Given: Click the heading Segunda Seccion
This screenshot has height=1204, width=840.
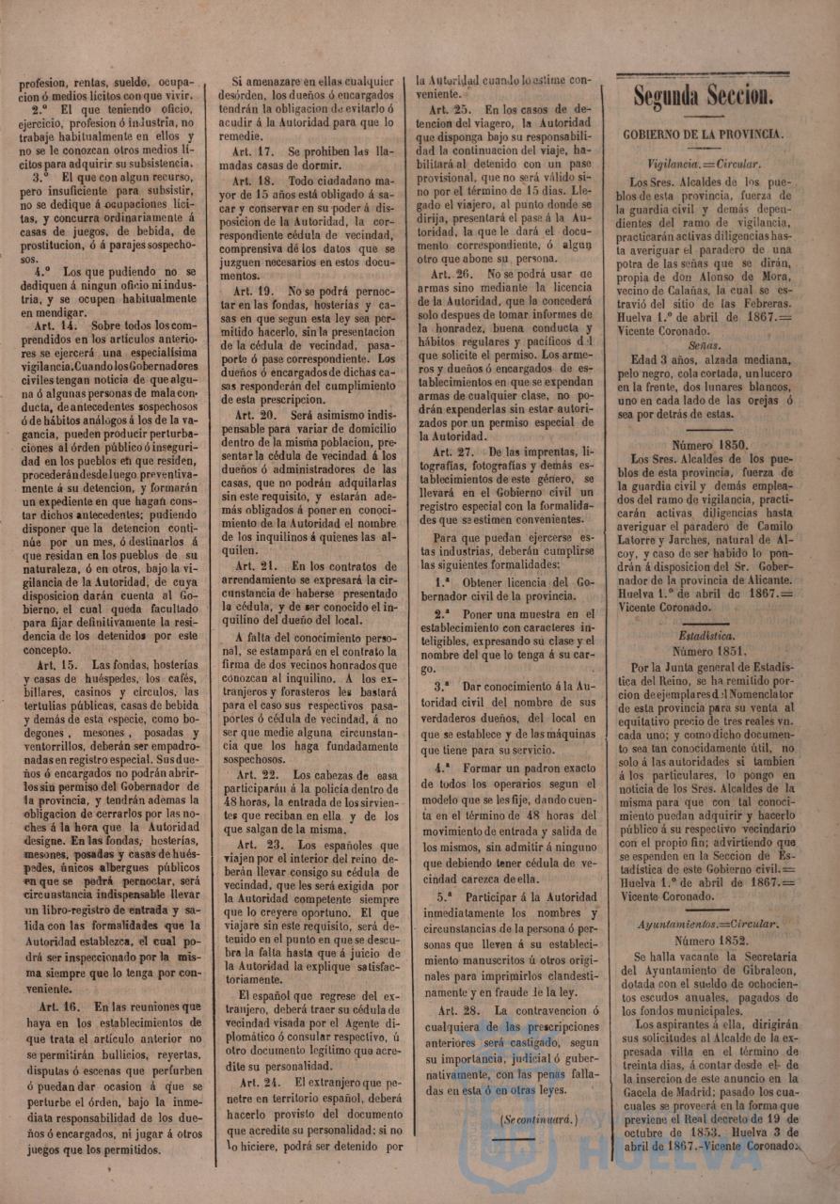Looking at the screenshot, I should pos(704,95).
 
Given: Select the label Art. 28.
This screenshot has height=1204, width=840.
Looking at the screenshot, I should pos(458,1011).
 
